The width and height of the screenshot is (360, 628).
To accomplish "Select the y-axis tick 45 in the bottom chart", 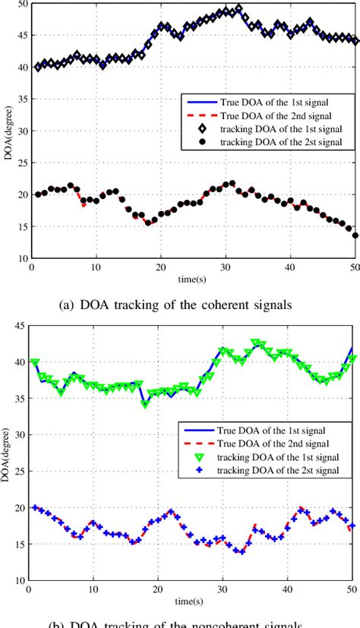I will (21, 327).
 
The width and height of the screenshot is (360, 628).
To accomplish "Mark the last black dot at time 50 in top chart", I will (355, 235).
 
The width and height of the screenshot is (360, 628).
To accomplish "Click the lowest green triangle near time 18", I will (145, 404).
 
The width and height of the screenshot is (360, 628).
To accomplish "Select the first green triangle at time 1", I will (35, 363).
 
